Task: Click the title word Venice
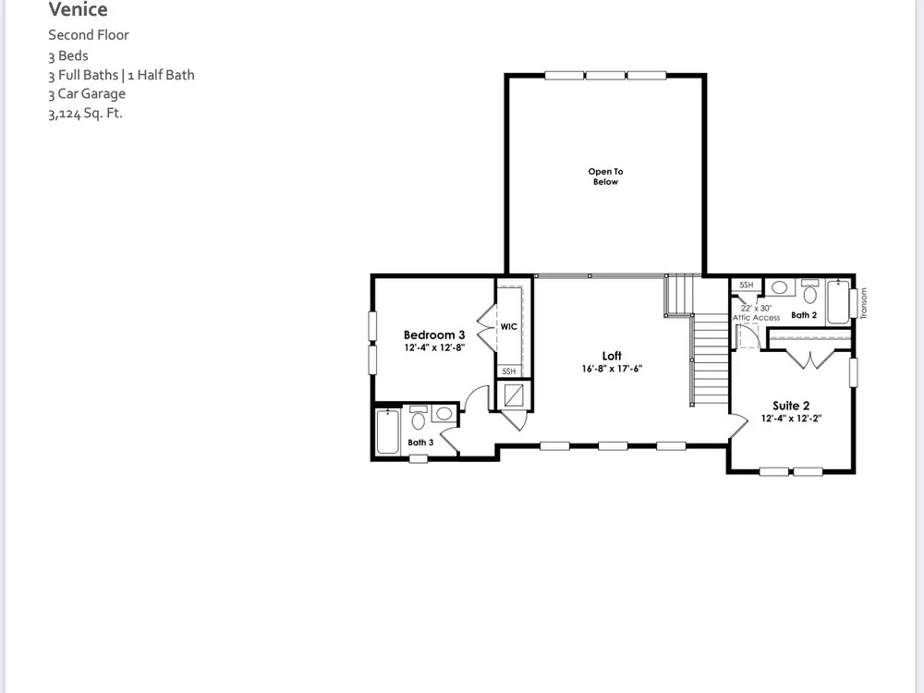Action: (78, 9)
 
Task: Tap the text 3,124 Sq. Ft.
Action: (85, 113)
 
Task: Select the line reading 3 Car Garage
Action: (87, 93)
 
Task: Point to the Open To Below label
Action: (605, 176)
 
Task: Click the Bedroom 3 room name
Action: (434, 334)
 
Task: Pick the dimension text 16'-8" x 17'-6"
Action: (612, 369)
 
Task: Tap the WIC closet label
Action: (508, 326)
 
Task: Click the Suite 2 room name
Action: (791, 406)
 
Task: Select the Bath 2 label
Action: (804, 315)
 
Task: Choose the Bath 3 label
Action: (420, 443)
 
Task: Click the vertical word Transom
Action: (864, 303)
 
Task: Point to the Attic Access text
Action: (756, 318)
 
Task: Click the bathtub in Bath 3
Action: (388, 432)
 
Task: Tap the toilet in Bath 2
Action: (810, 291)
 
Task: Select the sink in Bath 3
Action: (444, 414)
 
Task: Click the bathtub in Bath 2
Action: (839, 302)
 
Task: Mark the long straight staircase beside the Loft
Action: (710, 359)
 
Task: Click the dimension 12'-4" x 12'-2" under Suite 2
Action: (792, 419)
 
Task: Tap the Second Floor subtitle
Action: (89, 35)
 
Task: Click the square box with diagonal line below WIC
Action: (514, 395)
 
